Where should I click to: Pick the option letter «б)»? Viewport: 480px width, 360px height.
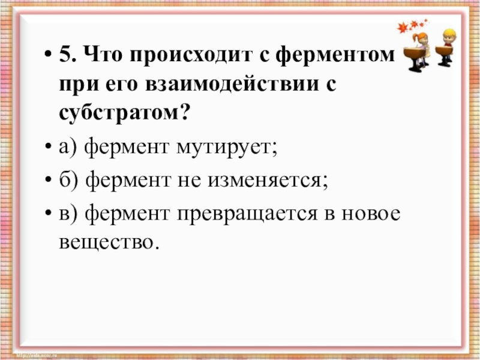coord(69,179)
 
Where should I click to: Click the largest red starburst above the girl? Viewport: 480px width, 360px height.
coord(403,27)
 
